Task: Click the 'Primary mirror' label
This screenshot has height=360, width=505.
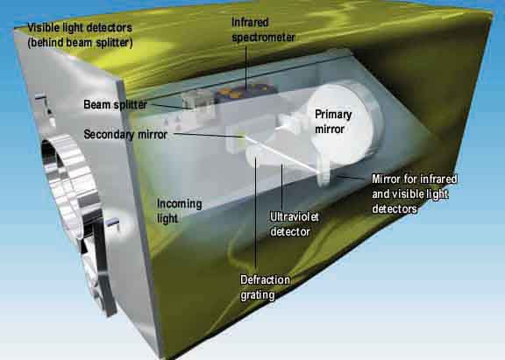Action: point(333,122)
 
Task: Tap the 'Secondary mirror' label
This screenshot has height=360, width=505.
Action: point(125,134)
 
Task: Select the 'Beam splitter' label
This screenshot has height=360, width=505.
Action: point(116,104)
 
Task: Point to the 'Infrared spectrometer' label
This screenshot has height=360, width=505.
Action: point(263,30)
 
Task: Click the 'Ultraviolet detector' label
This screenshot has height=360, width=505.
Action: point(295,224)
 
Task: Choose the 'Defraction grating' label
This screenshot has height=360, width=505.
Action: point(265,287)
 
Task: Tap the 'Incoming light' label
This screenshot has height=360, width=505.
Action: point(180,211)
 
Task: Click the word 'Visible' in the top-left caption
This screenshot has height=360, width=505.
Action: point(42,28)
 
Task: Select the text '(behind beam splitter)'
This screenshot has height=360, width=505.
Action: point(80,42)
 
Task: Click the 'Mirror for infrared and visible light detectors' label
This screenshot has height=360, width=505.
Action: point(415,194)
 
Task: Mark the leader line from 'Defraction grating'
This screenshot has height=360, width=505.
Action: point(256,214)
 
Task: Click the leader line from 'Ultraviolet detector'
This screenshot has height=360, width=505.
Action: point(282,187)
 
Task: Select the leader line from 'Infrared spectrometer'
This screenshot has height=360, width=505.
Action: point(246,67)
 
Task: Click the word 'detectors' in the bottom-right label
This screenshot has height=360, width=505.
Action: point(395,209)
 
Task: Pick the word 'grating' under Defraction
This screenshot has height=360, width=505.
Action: point(258,295)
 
